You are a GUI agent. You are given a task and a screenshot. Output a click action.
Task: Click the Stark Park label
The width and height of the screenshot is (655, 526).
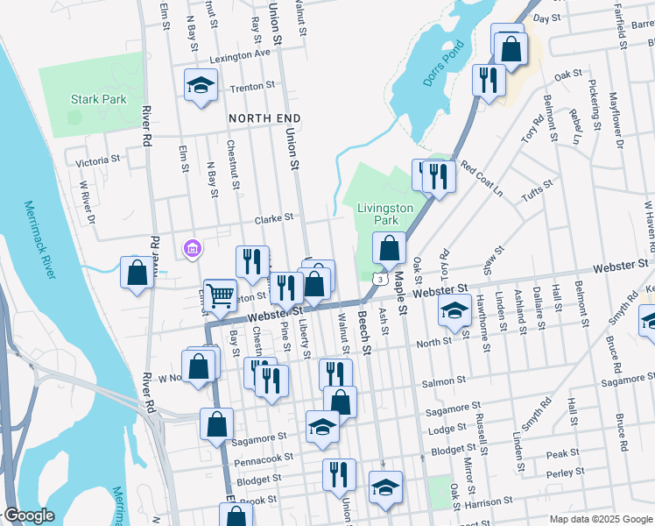pos(98,99)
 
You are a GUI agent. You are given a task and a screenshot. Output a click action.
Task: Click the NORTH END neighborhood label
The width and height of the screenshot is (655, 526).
pos(264,117)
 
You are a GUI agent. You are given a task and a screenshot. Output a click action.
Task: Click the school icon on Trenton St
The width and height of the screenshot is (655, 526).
pos(201,86)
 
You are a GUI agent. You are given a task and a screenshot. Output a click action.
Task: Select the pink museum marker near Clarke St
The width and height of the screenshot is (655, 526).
pos(192,249)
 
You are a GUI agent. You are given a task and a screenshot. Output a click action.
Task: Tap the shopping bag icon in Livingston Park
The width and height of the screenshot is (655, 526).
pos(389,249)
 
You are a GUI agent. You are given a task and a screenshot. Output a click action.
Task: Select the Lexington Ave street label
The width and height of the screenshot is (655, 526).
pos(238,53)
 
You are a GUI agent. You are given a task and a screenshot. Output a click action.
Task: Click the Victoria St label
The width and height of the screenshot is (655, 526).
pos(97,161)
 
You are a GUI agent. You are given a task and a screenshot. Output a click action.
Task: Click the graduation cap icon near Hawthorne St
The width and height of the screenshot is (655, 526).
pos(454,311)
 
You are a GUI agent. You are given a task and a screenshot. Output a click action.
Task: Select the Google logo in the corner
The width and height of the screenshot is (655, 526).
pos(29,516)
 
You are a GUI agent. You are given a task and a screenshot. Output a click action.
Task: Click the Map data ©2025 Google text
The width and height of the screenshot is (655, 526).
pos(600,519)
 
